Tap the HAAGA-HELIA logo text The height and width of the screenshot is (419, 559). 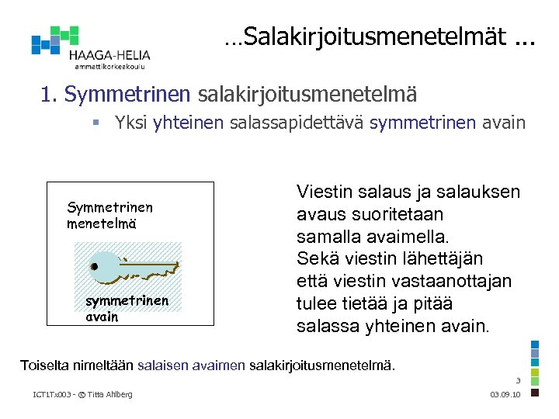[x=109, y=56]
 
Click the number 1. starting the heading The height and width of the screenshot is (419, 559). [x=50, y=95]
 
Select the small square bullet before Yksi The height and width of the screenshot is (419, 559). [x=95, y=123]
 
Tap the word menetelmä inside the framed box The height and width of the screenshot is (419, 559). [x=102, y=223]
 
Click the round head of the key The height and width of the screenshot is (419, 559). [x=95, y=267]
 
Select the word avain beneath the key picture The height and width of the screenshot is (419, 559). [x=102, y=317]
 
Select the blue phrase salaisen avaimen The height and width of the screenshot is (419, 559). [x=191, y=363]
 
